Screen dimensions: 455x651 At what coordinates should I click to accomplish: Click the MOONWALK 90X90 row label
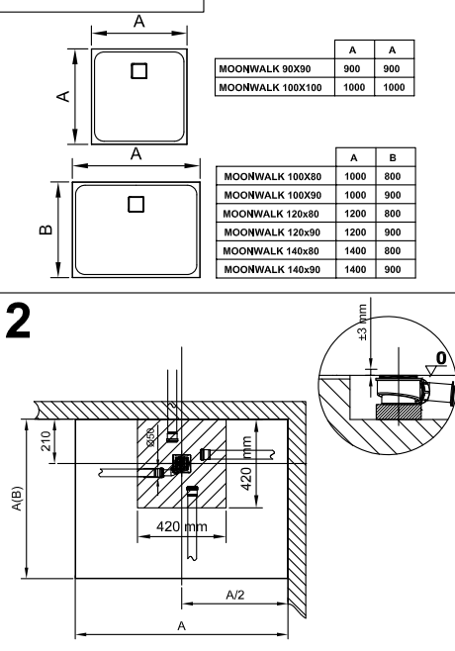(264, 68)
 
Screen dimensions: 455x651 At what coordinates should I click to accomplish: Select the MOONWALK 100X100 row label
(270, 87)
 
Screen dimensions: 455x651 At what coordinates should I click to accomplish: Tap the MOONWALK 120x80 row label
(271, 214)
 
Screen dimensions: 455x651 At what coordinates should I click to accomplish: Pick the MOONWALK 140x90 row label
(272, 269)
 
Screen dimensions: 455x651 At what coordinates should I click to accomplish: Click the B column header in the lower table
(393, 157)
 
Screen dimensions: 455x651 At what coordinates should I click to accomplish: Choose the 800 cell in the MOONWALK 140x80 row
(393, 250)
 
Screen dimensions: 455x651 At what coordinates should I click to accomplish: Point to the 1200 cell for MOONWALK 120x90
(355, 232)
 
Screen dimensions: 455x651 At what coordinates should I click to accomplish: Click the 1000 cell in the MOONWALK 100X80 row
(355, 176)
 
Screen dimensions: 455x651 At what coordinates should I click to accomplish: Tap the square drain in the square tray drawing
(139, 71)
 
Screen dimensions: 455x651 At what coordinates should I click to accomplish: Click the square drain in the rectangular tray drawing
(136, 204)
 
